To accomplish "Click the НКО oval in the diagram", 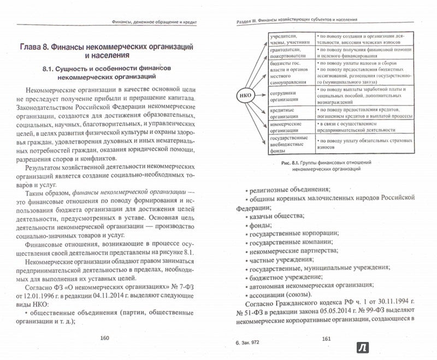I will click(245, 99).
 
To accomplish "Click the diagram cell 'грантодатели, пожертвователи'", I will click(289, 51).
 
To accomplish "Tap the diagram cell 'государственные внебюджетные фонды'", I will click(289, 145).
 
